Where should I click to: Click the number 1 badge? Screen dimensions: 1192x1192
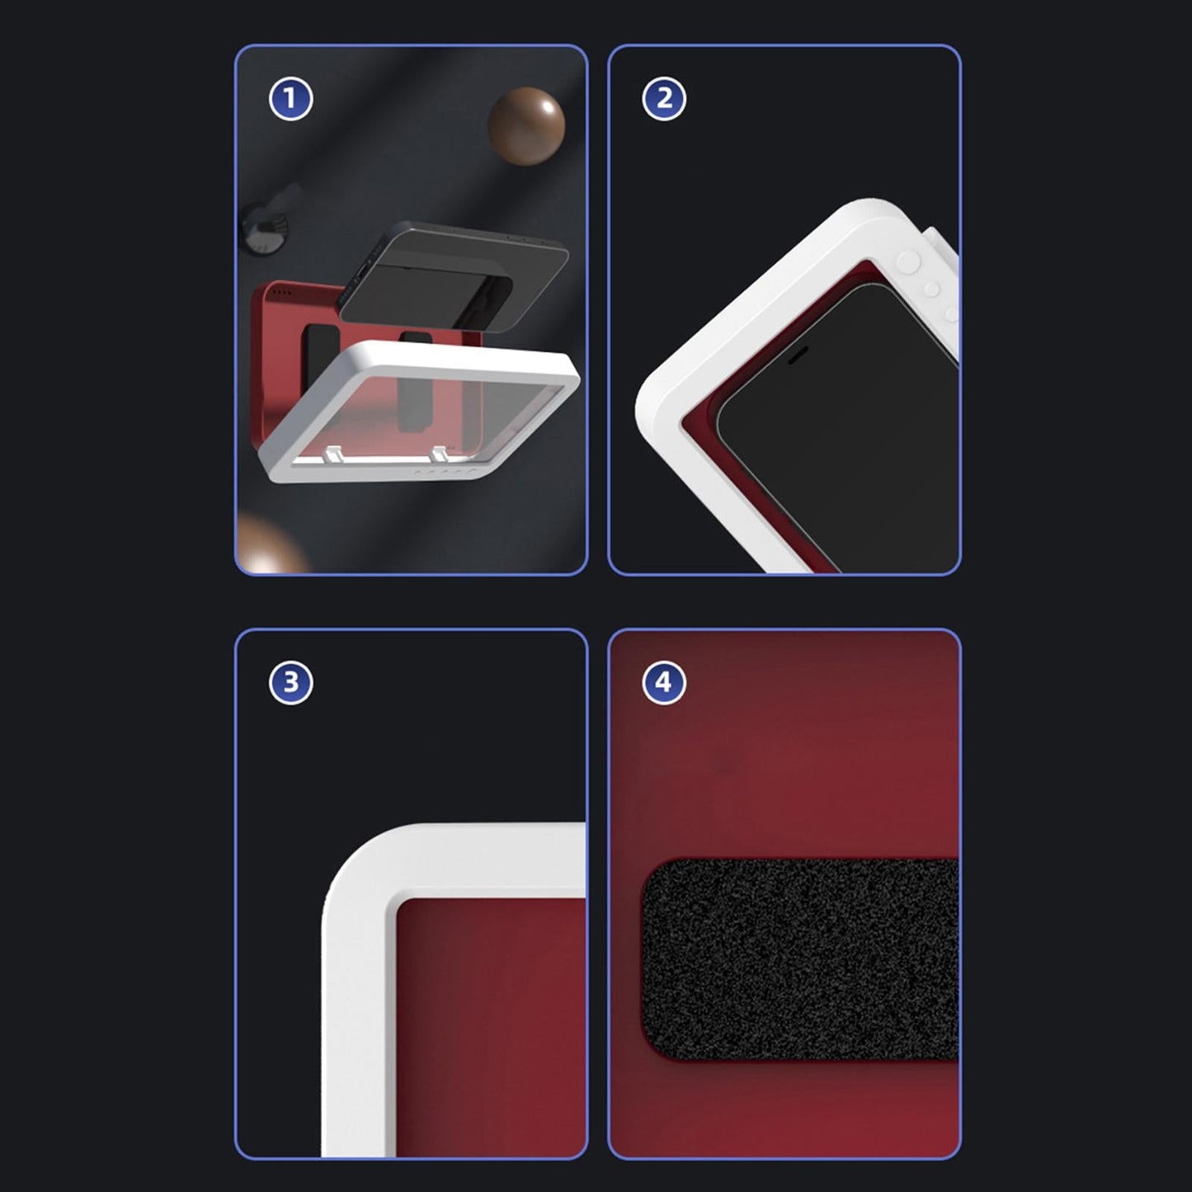[x=290, y=99]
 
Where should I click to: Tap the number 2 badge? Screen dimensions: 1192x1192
[x=664, y=99]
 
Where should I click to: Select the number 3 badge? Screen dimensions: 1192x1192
[x=290, y=683]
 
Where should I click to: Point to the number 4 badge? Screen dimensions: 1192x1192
[x=664, y=683]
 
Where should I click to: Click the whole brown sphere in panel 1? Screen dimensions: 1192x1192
[x=526, y=126]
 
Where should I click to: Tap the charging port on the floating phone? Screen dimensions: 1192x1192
[x=360, y=276]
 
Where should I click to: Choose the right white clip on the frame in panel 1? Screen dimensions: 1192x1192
[x=440, y=454]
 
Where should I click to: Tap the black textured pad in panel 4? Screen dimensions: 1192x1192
[x=800, y=959]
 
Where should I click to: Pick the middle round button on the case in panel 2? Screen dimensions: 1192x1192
[x=931, y=289]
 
